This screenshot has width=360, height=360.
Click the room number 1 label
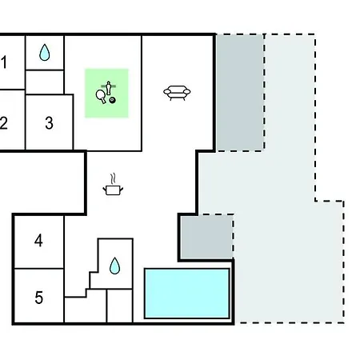3,62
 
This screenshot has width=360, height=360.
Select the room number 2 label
3,123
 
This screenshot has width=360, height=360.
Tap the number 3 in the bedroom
49,123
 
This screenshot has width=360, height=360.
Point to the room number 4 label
38,241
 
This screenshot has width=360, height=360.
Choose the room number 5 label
39,298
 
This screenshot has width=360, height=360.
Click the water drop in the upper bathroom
45,52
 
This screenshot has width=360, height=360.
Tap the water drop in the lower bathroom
115,266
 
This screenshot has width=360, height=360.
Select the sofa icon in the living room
177,93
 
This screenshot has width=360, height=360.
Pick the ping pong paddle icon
101,96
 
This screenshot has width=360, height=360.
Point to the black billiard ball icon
113,100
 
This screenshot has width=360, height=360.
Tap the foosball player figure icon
109,88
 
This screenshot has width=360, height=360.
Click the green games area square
106,93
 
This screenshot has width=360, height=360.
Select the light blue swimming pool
187,294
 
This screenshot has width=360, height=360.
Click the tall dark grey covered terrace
240,93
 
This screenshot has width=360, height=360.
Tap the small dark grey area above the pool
207,237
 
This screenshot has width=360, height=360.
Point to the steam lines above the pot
114,178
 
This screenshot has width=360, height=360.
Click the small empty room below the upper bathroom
45,82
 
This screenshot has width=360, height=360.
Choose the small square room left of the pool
120,306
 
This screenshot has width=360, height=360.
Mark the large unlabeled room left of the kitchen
42,183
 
